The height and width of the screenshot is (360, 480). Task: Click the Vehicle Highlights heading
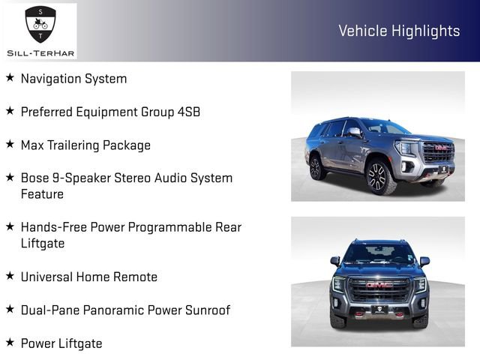(x=399, y=31)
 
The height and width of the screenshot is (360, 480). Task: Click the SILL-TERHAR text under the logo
(x=40, y=52)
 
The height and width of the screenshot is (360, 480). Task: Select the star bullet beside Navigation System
(x=10, y=77)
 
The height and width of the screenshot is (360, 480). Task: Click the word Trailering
(x=79, y=145)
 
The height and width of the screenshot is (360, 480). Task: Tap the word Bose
(x=35, y=178)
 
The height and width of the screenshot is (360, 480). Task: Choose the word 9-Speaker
(x=80, y=178)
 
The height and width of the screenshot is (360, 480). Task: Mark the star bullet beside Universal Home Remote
(x=10, y=276)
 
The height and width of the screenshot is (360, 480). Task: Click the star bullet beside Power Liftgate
(x=10, y=342)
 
